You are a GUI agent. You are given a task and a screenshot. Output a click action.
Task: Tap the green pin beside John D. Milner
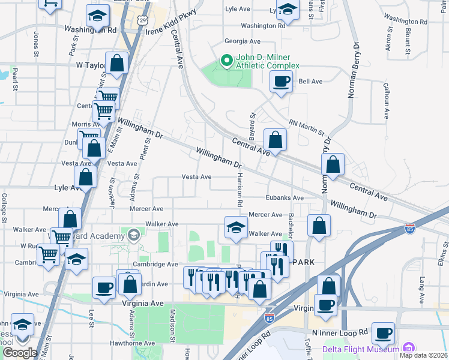point(227,61)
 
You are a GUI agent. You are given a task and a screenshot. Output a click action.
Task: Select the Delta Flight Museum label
point(360,349)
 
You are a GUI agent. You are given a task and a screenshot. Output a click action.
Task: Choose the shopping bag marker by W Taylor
point(116,62)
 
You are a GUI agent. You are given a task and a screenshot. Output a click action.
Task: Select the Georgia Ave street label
point(242,41)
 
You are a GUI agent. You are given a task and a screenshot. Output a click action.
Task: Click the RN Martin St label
point(306,127)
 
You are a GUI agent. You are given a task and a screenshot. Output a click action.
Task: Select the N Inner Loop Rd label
point(340,332)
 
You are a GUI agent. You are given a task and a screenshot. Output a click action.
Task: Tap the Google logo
point(19,353)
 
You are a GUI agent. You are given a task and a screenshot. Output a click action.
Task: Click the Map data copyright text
point(423,355)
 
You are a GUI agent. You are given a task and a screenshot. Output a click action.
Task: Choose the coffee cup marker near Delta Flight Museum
point(383,332)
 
